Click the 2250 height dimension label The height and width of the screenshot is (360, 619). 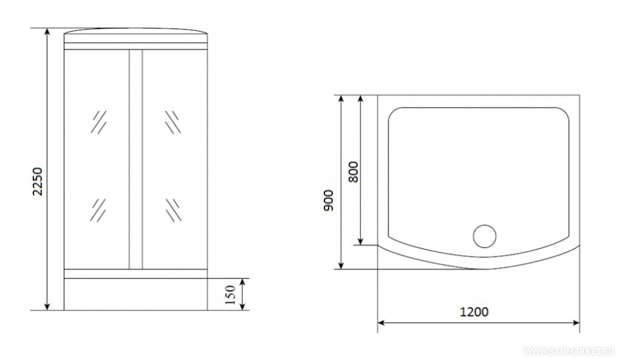click(x=37, y=181)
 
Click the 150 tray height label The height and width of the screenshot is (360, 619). click(x=229, y=294)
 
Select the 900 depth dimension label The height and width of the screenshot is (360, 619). click(x=329, y=200)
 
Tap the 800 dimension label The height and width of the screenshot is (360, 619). click(x=354, y=172)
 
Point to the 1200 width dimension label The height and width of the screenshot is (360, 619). click(x=474, y=312)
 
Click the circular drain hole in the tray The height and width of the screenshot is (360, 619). click(x=484, y=236)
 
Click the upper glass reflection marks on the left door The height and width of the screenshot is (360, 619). click(x=99, y=122)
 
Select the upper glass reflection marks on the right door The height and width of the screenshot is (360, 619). click(x=172, y=122)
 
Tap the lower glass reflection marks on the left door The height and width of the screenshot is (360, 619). click(x=98, y=210)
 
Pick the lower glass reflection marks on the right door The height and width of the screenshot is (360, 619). click(x=173, y=210)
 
